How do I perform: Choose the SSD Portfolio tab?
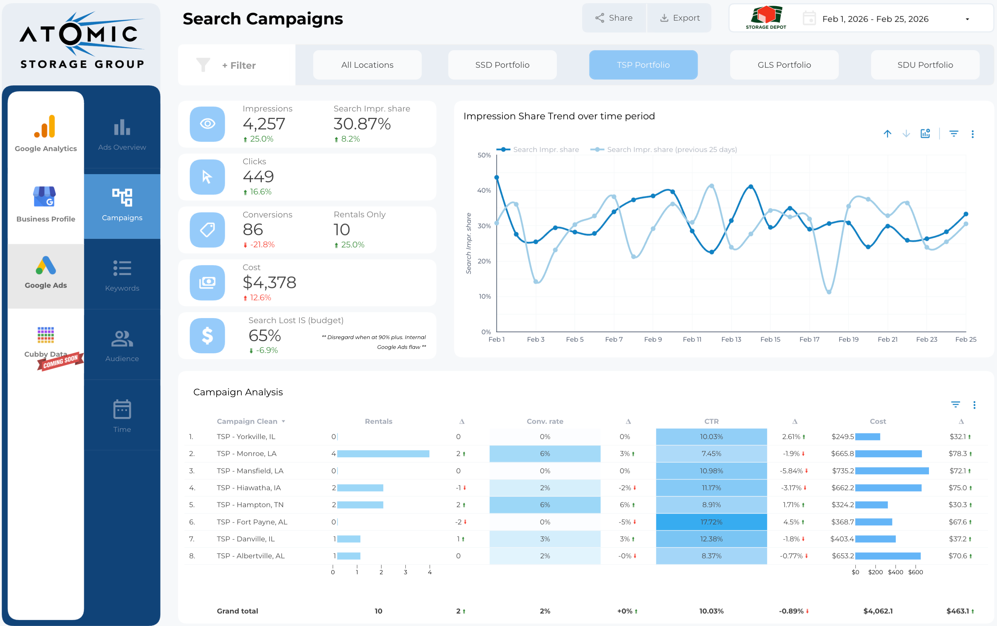tap(502, 65)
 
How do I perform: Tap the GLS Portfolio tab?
tap(784, 65)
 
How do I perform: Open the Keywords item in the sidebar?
tap(122, 275)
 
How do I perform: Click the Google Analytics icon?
tap(45, 126)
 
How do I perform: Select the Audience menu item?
tap(122, 346)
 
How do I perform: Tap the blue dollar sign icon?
tap(207, 336)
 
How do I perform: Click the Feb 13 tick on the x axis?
tap(731, 339)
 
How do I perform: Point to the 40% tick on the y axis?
tap(484, 190)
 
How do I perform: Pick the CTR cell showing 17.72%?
tap(711, 522)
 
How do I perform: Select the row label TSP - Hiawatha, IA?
tap(249, 488)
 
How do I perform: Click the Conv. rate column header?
tap(545, 421)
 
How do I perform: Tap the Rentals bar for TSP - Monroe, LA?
tap(383, 454)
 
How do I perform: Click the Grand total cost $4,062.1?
tap(878, 611)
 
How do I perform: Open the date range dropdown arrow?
tap(967, 19)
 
